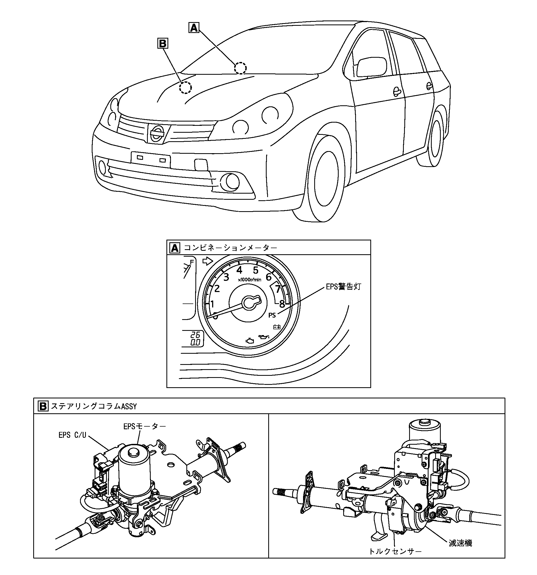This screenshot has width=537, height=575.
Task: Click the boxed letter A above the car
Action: pos(194,28)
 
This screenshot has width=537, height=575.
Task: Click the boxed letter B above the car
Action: pos(162,43)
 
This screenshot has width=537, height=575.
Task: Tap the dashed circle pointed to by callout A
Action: pos(240,68)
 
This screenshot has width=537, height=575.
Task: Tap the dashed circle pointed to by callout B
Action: pos(185,87)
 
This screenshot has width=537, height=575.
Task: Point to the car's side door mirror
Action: pos(372,67)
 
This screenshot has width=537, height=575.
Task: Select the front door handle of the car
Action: pos(396,91)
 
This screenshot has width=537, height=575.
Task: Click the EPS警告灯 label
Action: pos(343,287)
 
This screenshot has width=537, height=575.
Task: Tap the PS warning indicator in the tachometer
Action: pos(272,315)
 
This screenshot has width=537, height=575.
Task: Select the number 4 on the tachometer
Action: pos(239,270)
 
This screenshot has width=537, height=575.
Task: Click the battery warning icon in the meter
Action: pos(277,327)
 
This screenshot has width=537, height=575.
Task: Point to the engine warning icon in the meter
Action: pos(250,341)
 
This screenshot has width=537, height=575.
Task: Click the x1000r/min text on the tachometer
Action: pos(249,280)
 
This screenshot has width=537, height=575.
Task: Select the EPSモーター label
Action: pos(145,426)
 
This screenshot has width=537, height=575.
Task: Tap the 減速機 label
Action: pos(460,543)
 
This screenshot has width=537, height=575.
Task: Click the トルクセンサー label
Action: pos(395,551)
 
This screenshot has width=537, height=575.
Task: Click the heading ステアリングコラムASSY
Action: pos(94,406)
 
